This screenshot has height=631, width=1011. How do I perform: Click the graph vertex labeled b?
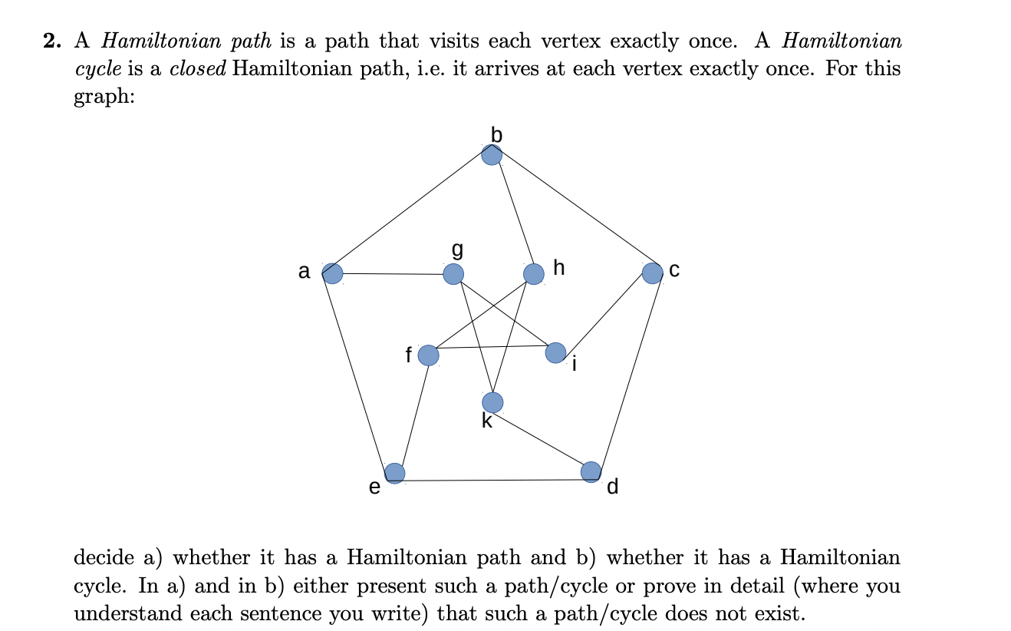coord(492,154)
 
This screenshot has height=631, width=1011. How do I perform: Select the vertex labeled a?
coord(332,273)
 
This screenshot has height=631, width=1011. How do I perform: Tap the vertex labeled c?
coord(652,273)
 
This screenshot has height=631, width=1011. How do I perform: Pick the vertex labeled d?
coord(591,471)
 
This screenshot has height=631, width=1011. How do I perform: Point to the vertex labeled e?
coord(394,473)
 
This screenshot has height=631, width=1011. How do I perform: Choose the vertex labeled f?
coord(428,355)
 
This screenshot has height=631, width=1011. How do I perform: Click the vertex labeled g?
coord(453,273)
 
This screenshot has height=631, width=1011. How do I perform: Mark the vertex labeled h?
coord(533,273)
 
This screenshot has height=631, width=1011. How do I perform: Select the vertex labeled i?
coord(556,352)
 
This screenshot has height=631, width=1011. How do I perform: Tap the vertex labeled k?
coord(492,401)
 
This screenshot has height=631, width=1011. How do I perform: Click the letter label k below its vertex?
coord(487,421)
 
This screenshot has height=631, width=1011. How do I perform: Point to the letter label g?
coord(458,249)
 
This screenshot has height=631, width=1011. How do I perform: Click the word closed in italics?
coord(198,69)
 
